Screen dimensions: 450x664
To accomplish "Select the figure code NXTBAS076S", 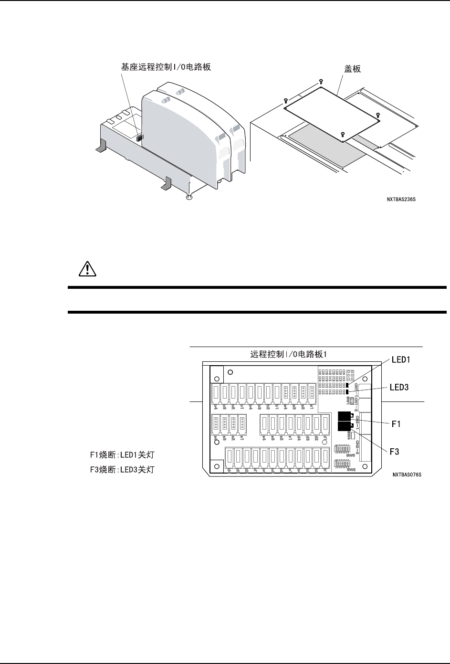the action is tap(407, 475).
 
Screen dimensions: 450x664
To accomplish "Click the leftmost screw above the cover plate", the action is tap(285, 101).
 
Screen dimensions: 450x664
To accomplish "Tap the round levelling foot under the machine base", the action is tap(188, 197).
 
